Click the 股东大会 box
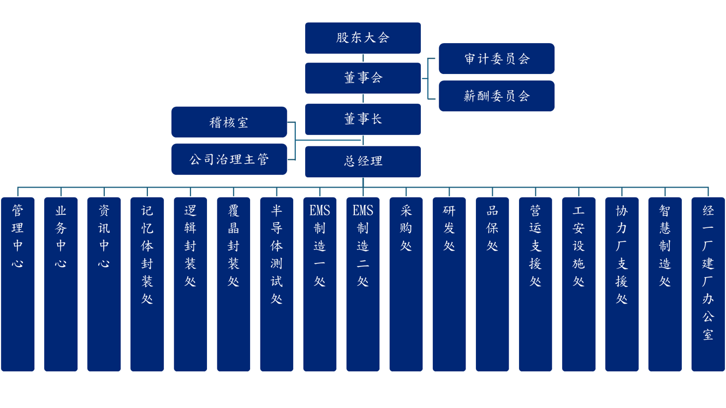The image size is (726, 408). pyautogui.click(x=363, y=38)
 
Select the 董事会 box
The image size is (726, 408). pyautogui.click(x=363, y=78)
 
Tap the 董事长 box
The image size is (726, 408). pyautogui.click(x=363, y=119)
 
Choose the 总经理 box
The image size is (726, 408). pyautogui.click(x=363, y=161)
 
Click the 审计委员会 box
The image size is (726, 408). pyautogui.click(x=497, y=59)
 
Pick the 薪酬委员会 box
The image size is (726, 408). pyautogui.click(x=497, y=96)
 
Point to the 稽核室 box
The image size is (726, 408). pyautogui.click(x=229, y=122)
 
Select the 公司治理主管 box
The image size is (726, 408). pyautogui.click(x=229, y=159)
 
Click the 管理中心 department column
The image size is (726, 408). pyautogui.click(x=18, y=284)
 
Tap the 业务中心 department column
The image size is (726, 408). pyautogui.click(x=61, y=284)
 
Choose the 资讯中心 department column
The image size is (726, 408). pyautogui.click(x=104, y=284)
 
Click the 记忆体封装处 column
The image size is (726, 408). pyautogui.click(x=147, y=284)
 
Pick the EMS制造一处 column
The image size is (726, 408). pyautogui.click(x=320, y=284)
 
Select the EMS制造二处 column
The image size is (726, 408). pyautogui.click(x=363, y=284)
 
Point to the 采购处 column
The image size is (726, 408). pyautogui.click(x=406, y=284)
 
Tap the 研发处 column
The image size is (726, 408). pyautogui.click(x=449, y=284)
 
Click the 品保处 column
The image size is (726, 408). pyautogui.click(x=492, y=284)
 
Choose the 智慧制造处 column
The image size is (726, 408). pyautogui.click(x=665, y=284)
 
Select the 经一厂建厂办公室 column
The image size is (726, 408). pyautogui.click(x=708, y=284)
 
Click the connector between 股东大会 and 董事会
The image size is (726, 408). pyautogui.click(x=363, y=58)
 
